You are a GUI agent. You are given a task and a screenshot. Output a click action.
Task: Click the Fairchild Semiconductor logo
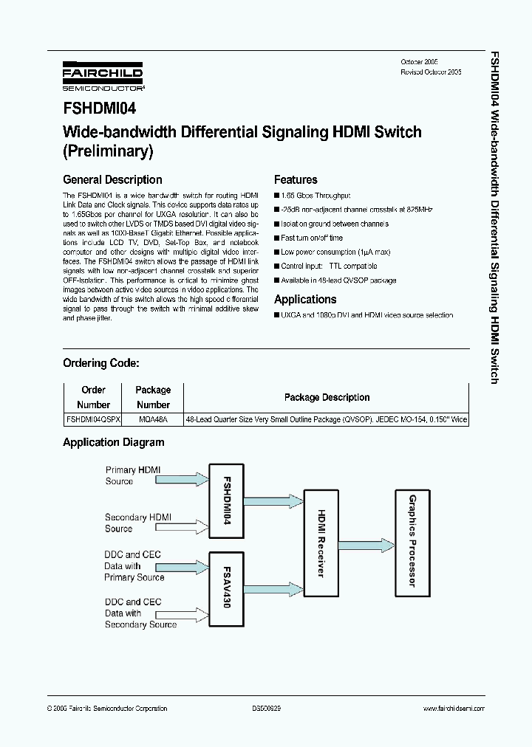click(x=102, y=75)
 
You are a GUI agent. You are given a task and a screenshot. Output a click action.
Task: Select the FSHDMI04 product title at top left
click(x=99, y=109)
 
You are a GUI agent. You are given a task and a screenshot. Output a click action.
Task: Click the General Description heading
click(x=112, y=179)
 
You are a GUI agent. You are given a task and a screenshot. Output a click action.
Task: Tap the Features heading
click(x=296, y=179)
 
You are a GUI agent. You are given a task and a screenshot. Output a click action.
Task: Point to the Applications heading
click(x=305, y=299)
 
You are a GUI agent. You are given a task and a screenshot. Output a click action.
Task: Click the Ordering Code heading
click(x=100, y=363)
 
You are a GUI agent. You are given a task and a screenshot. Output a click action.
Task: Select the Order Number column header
click(x=93, y=397)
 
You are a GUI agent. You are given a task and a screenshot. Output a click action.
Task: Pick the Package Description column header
click(x=327, y=397)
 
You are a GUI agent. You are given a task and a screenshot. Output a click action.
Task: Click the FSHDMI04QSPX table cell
click(x=94, y=419)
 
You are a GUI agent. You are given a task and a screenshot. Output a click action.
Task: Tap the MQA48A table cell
click(x=153, y=419)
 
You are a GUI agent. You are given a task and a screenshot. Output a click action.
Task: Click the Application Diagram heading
click(x=114, y=442)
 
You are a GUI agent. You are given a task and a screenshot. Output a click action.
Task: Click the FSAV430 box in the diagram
click(x=227, y=586)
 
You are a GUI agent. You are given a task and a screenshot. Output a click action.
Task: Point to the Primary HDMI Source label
click(x=133, y=475)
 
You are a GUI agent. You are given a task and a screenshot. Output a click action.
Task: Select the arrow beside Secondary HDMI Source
click(x=191, y=523)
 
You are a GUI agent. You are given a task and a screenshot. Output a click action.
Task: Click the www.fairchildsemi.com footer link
click(x=453, y=709)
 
